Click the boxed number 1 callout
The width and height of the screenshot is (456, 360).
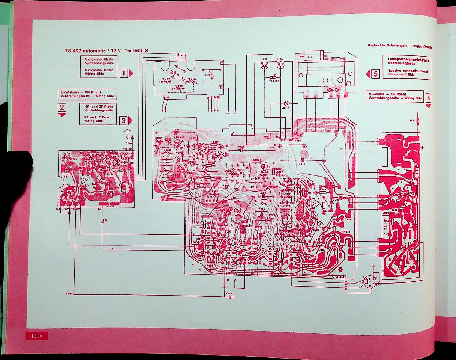point(123,73)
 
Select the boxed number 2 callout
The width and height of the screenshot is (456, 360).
point(62,108)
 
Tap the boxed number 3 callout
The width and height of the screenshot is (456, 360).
point(123,120)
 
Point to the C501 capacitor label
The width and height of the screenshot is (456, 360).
point(310,57)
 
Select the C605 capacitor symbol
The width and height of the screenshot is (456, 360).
point(229,297)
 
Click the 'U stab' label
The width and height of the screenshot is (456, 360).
point(339,276)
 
